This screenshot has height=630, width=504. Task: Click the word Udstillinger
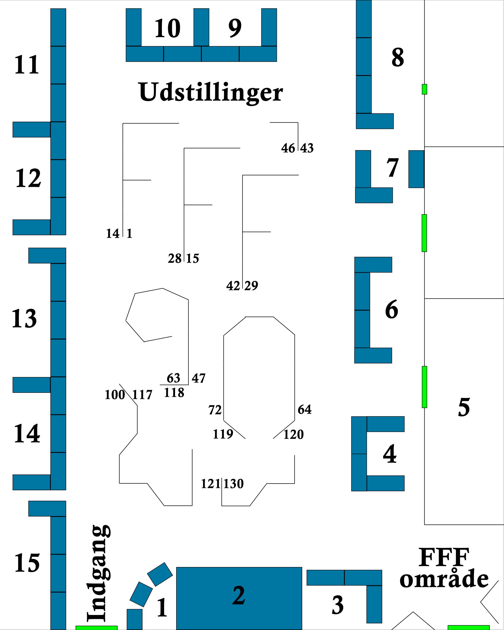coord(211,92)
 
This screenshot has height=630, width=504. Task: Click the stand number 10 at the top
coord(167,28)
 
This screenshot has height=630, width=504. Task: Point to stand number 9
coord(235,28)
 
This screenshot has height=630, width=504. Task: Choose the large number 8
coord(398,57)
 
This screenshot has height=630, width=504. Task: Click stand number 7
coord(392,168)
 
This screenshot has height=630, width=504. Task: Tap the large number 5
coord(464,407)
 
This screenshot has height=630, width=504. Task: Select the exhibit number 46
coord(288,148)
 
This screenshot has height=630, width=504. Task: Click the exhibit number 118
coord(174,393)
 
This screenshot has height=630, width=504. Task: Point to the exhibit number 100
coord(115,395)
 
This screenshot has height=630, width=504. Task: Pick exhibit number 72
coord(215,410)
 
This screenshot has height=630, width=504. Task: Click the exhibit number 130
coord(234,484)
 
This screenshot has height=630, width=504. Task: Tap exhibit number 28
coord(175,259)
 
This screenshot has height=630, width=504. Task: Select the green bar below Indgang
coord(96,628)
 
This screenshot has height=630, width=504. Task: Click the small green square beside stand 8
coord(425,89)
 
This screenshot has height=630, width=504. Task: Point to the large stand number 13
coord(24,318)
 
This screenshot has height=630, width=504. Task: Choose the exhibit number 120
coord(293,435)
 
